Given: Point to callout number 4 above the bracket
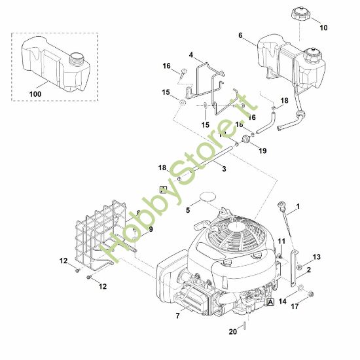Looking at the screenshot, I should click(190, 54).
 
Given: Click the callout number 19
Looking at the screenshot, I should click(263, 151).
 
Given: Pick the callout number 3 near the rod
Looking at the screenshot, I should click(224, 169).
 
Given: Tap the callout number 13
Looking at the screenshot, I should click(316, 257).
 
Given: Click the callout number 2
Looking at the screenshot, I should click(308, 270).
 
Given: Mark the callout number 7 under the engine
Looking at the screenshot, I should click(177, 316).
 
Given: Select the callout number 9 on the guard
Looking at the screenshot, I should click(150, 229).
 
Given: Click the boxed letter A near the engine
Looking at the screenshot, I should click(270, 302).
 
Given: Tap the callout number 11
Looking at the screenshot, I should click(281, 242).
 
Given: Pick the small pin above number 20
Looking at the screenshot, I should click(243, 321).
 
